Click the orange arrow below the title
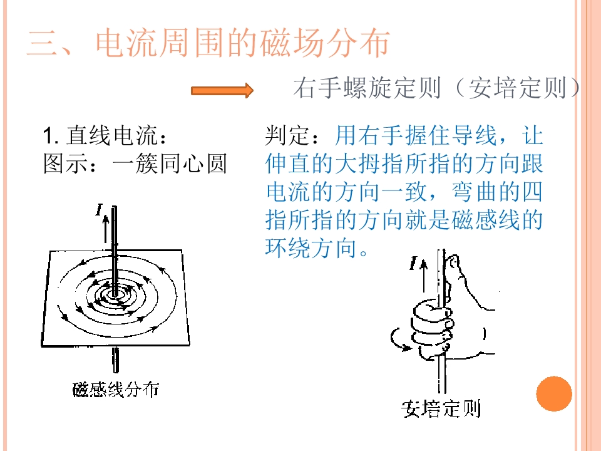click(x=222, y=91)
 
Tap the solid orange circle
click(x=554, y=394)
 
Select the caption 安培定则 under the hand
click(x=441, y=409)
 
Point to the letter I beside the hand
click(x=413, y=264)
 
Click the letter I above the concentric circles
click(x=100, y=209)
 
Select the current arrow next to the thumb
click(x=424, y=276)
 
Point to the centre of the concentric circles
click(x=114, y=294)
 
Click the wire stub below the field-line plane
click(x=116, y=360)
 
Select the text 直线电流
click(x=112, y=136)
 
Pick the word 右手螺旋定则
click(x=367, y=88)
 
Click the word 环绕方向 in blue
click(x=311, y=248)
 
